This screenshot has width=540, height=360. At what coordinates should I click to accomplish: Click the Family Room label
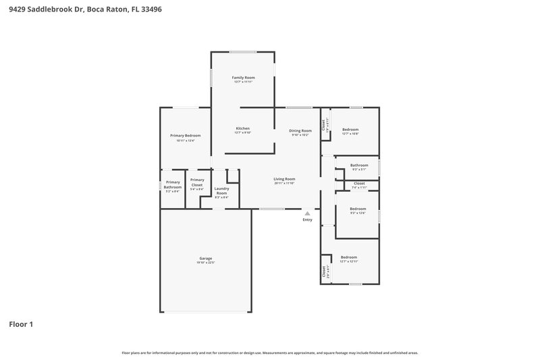[243, 78]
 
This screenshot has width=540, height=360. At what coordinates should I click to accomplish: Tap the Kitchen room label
[242, 128]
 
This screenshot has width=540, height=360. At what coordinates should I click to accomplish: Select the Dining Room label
[300, 130]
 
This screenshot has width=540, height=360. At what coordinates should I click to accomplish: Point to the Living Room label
[284, 179]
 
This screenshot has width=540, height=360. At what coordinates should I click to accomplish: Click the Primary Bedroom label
[185, 136]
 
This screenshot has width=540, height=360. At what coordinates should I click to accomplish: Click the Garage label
[206, 259]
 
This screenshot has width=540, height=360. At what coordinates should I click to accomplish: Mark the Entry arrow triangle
[308, 213]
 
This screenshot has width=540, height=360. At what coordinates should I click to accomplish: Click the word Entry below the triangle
[308, 220]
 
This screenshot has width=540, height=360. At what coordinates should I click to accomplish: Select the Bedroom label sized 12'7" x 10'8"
[350, 129]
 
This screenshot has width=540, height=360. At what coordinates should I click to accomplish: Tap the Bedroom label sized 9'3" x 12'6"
[358, 209]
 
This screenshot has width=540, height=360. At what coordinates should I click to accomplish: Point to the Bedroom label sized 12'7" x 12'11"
[349, 257]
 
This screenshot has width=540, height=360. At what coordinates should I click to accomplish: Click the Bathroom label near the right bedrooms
[359, 165]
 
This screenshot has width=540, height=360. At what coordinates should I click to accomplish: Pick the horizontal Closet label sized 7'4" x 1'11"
[359, 183]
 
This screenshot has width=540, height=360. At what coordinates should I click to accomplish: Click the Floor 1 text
[21, 324]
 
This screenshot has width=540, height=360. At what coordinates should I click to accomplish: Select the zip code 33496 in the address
[151, 10]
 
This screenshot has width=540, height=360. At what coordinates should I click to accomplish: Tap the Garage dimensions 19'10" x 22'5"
[206, 263]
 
